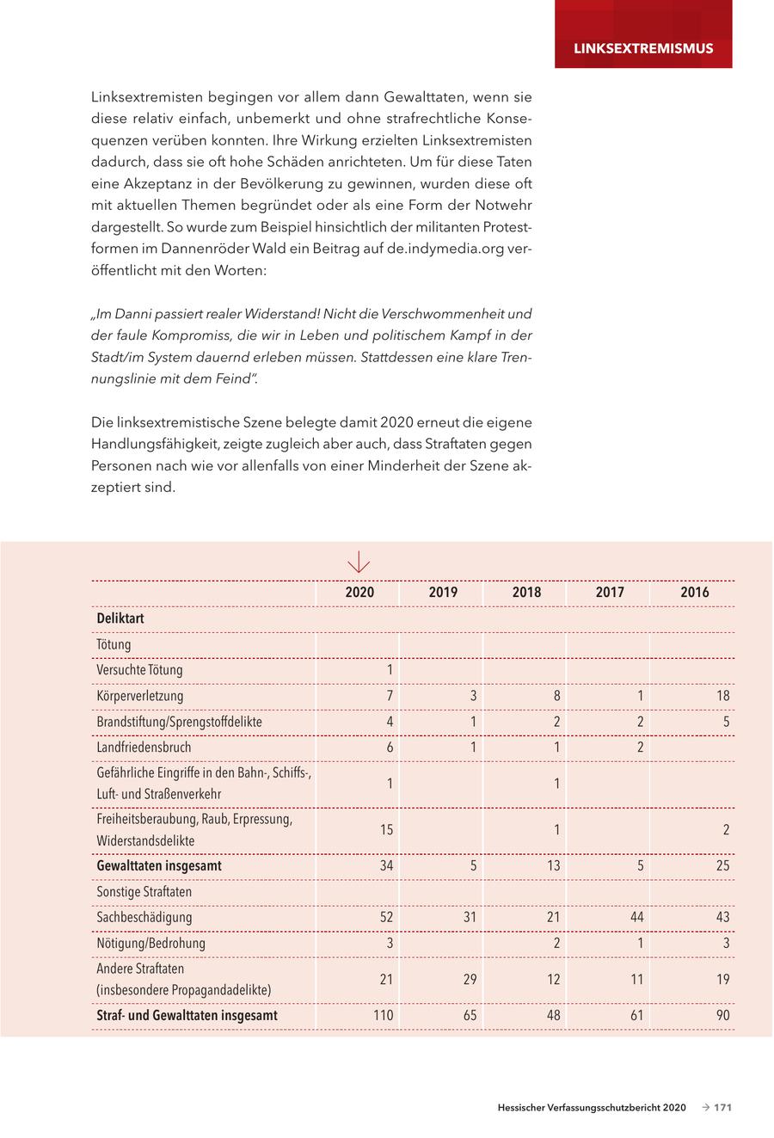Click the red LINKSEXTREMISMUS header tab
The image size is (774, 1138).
tap(643, 48)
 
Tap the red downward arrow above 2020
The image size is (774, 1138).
tap(359, 563)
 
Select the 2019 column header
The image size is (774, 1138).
tap(443, 593)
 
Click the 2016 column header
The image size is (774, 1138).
tap(695, 593)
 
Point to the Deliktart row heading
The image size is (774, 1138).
tap(120, 618)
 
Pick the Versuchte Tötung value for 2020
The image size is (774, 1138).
tap(390, 670)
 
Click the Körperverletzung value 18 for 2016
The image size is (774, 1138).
tap(722, 696)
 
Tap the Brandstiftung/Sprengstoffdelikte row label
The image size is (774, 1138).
tap(179, 722)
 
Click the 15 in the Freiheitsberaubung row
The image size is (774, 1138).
tap(386, 830)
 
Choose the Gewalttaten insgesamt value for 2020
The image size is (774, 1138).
tap(386, 866)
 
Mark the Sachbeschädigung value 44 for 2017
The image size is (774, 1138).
tap(636, 918)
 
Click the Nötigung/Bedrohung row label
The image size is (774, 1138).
tap(144, 944)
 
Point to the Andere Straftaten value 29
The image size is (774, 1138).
tap(470, 980)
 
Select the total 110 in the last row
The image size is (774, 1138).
tap(383, 1016)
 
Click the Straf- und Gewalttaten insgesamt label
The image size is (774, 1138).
tap(187, 1016)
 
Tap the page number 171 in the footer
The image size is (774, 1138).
tap(722, 1108)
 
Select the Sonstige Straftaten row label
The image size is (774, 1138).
tap(144, 892)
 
